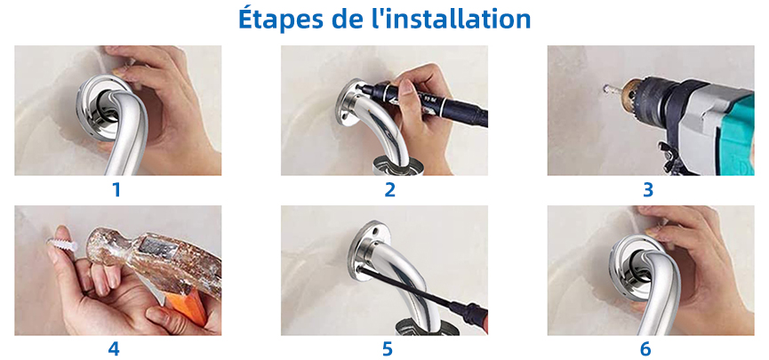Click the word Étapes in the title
(278, 19)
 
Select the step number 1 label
(116, 190)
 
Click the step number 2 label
(389, 190)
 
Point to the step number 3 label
(648, 190)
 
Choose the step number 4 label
(113, 348)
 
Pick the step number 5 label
(388, 348)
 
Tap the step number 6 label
(645, 348)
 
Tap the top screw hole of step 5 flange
(375, 228)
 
